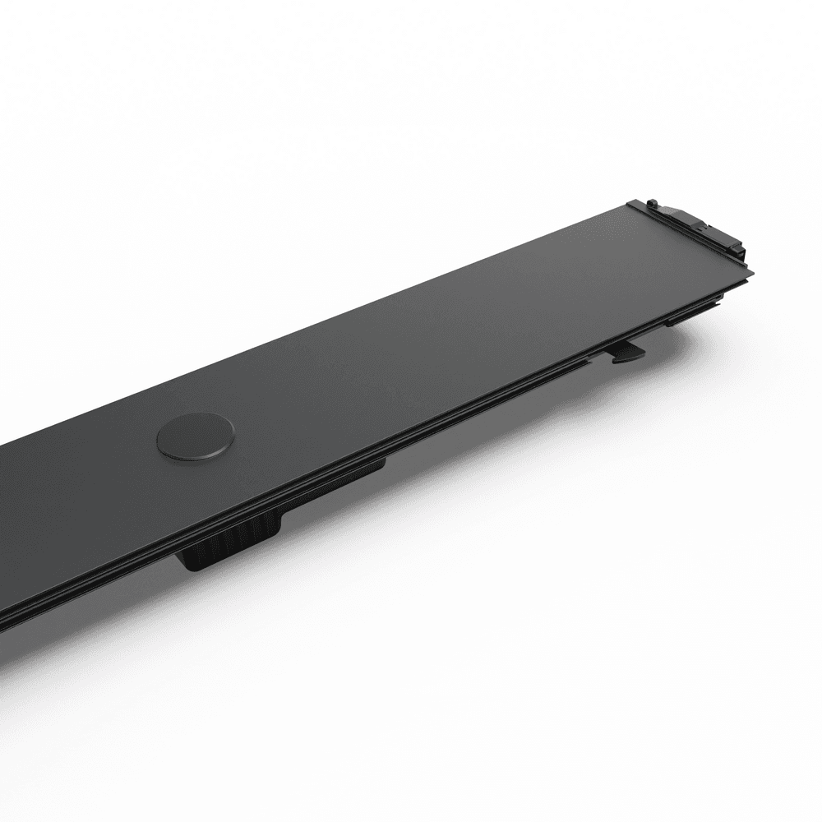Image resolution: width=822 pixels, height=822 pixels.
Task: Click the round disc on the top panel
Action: [x=196, y=436]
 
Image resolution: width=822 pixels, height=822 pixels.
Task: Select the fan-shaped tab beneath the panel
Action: [x=626, y=352]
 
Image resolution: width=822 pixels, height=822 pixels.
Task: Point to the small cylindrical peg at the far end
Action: [x=651, y=202]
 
